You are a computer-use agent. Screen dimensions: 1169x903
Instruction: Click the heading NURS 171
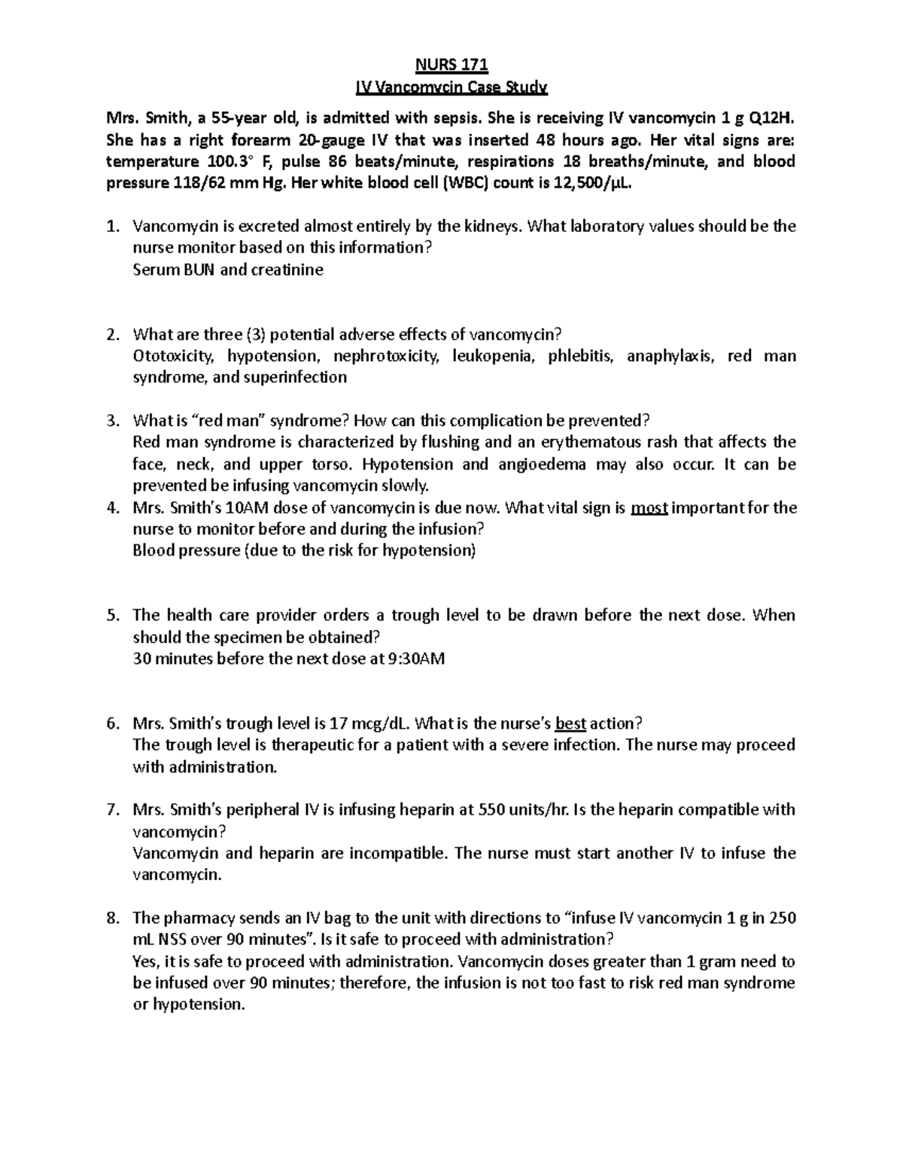(x=451, y=65)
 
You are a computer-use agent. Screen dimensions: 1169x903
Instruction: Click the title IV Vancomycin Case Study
(x=451, y=88)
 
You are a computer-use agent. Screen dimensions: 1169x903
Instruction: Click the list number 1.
(x=113, y=227)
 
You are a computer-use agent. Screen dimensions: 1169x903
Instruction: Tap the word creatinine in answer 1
(x=287, y=270)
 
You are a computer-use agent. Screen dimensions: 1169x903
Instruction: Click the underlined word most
(x=649, y=508)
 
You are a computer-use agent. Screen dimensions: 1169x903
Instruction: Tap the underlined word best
(x=570, y=724)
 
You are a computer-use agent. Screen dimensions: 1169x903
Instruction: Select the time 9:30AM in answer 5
(x=418, y=659)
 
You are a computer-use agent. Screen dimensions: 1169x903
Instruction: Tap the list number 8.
(x=113, y=918)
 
